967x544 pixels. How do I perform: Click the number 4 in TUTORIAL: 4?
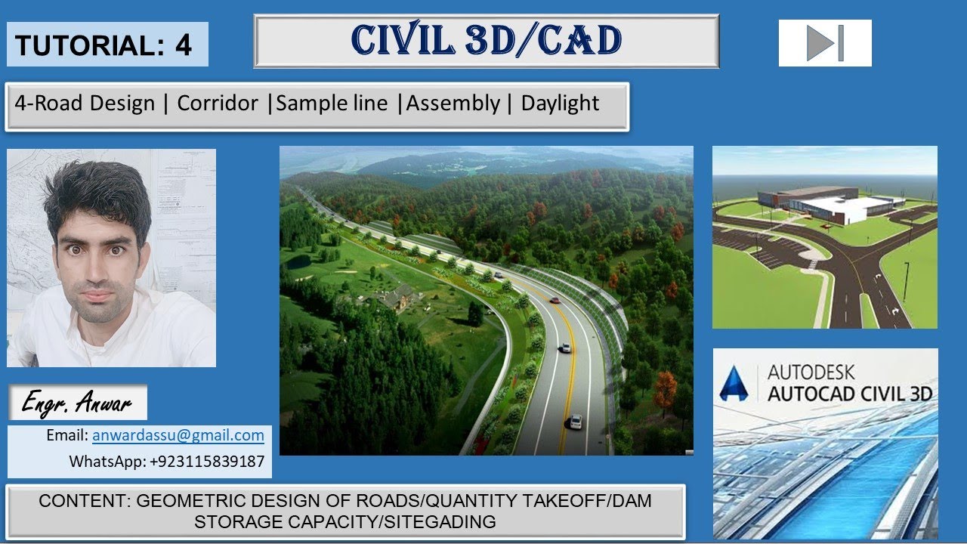click(184, 45)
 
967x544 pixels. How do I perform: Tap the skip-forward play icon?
click(825, 43)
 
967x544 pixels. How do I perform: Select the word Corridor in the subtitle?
click(218, 104)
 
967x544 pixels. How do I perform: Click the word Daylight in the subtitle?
click(560, 104)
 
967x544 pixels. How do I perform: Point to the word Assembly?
click(453, 104)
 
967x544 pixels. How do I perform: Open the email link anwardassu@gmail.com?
click(178, 435)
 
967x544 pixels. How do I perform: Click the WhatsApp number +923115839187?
click(208, 461)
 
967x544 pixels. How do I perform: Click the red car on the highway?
click(555, 300)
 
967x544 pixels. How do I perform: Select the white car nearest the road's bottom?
click(576, 421)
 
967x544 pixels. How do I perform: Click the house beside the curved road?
click(397, 296)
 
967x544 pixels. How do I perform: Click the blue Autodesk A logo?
click(734, 383)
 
